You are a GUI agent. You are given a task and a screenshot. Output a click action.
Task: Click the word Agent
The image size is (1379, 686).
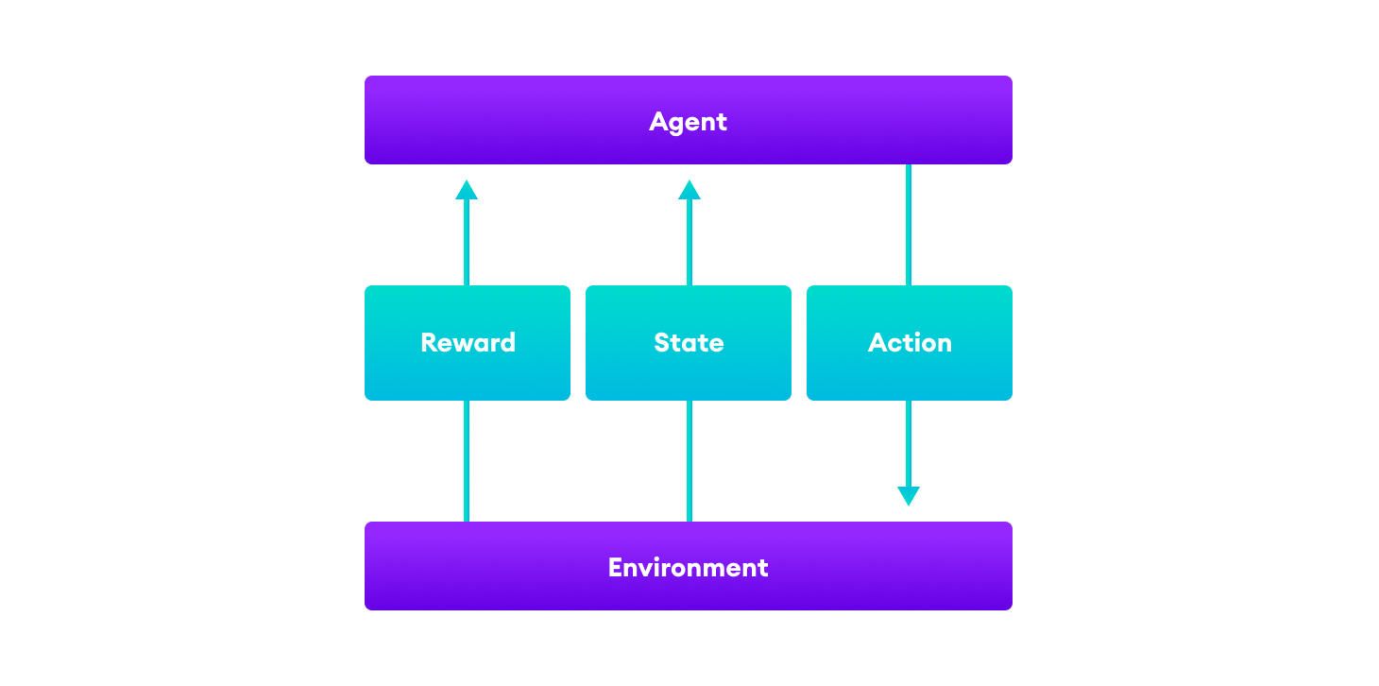pos(688,122)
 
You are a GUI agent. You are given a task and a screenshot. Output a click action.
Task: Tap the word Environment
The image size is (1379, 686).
pos(688,568)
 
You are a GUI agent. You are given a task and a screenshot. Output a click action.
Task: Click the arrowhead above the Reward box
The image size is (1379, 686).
pos(467,190)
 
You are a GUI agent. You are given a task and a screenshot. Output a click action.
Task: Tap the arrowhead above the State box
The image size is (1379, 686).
pos(689,190)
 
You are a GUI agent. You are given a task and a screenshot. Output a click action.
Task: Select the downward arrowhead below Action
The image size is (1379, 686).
pos(909,496)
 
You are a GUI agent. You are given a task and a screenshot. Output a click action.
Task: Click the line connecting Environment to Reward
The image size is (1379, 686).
pos(467,461)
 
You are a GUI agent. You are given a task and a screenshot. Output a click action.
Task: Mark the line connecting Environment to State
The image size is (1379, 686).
pos(689,461)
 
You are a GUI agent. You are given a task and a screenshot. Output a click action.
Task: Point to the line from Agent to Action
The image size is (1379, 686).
pos(909,225)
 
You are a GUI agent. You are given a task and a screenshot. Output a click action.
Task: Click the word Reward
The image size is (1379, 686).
pos(468,342)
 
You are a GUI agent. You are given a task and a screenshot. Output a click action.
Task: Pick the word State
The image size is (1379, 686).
pos(689,342)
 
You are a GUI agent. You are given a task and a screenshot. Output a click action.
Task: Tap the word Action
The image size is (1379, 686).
pos(910,342)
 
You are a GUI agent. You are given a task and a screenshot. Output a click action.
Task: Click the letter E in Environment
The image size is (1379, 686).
pos(616,568)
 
